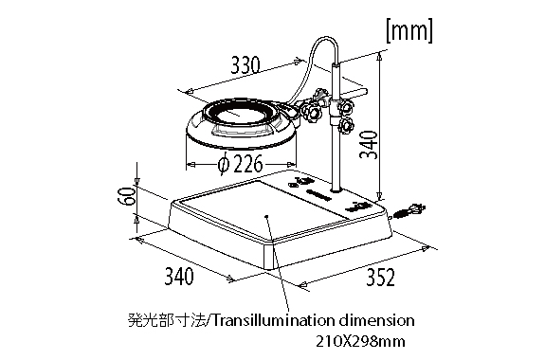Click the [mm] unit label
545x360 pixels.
point(409,31)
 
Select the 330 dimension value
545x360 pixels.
point(245,65)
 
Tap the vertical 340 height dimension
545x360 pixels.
point(369,145)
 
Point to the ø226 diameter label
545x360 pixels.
point(240,163)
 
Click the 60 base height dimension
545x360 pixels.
point(126,196)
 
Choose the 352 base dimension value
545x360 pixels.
point(381,278)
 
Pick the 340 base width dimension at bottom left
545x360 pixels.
point(179,276)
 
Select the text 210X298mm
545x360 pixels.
point(360,342)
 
